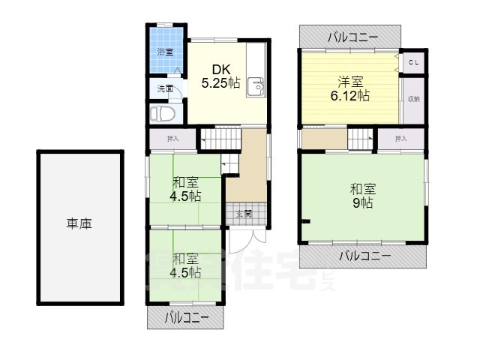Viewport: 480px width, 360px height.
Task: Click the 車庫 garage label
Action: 79,223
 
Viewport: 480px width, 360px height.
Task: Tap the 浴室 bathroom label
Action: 165,52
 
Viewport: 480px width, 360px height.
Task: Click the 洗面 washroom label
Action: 165,88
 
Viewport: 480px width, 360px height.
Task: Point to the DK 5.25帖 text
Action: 220,76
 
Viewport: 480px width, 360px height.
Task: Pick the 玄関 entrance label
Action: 244,214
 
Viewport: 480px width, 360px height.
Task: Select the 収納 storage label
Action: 413,99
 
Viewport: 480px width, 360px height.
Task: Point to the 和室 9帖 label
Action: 361,195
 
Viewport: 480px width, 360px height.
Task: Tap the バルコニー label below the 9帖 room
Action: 364,256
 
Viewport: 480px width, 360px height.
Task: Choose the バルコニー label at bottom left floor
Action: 186,318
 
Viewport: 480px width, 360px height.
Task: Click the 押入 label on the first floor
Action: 172,139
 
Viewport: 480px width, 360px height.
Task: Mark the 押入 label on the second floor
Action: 400,138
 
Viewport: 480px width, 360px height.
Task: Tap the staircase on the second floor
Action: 361,139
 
